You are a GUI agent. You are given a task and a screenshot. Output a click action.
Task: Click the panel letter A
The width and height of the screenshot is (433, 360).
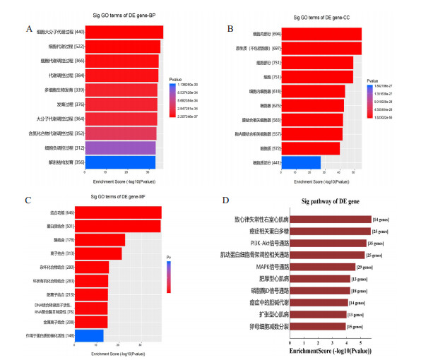pyautogui.click(x=30, y=29)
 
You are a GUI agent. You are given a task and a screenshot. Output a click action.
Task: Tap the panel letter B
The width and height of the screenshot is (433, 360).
pyautogui.click(x=230, y=29)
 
